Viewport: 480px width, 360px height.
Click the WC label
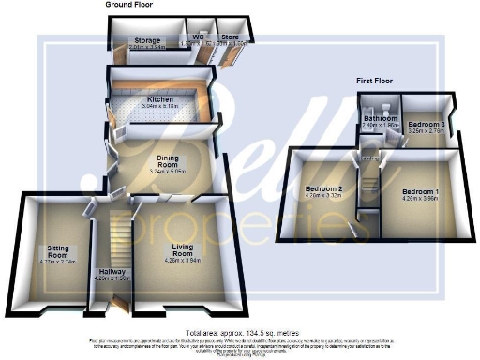[x=197, y=37]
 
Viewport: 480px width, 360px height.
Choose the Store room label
[x=230, y=37]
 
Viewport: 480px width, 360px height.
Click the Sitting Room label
[x=57, y=250]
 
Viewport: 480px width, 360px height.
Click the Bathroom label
[x=381, y=117]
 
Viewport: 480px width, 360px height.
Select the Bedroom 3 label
[x=426, y=124]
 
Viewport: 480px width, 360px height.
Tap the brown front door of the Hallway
[x=116, y=307]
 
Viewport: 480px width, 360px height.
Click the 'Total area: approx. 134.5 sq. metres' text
[x=240, y=333]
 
